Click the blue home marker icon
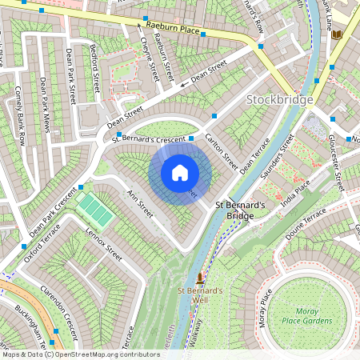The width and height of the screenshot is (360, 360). tap(180, 172)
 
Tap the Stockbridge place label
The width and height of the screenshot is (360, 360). tap(277, 100)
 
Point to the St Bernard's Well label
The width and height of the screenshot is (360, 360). tap(200, 295)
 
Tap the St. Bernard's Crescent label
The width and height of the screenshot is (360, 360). tap(148, 138)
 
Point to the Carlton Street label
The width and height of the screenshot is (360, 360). tap(222, 150)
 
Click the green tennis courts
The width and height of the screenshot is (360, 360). tap(94, 210)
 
